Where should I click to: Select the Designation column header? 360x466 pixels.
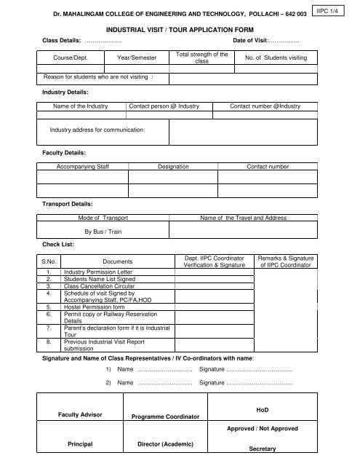pos(174,167)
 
